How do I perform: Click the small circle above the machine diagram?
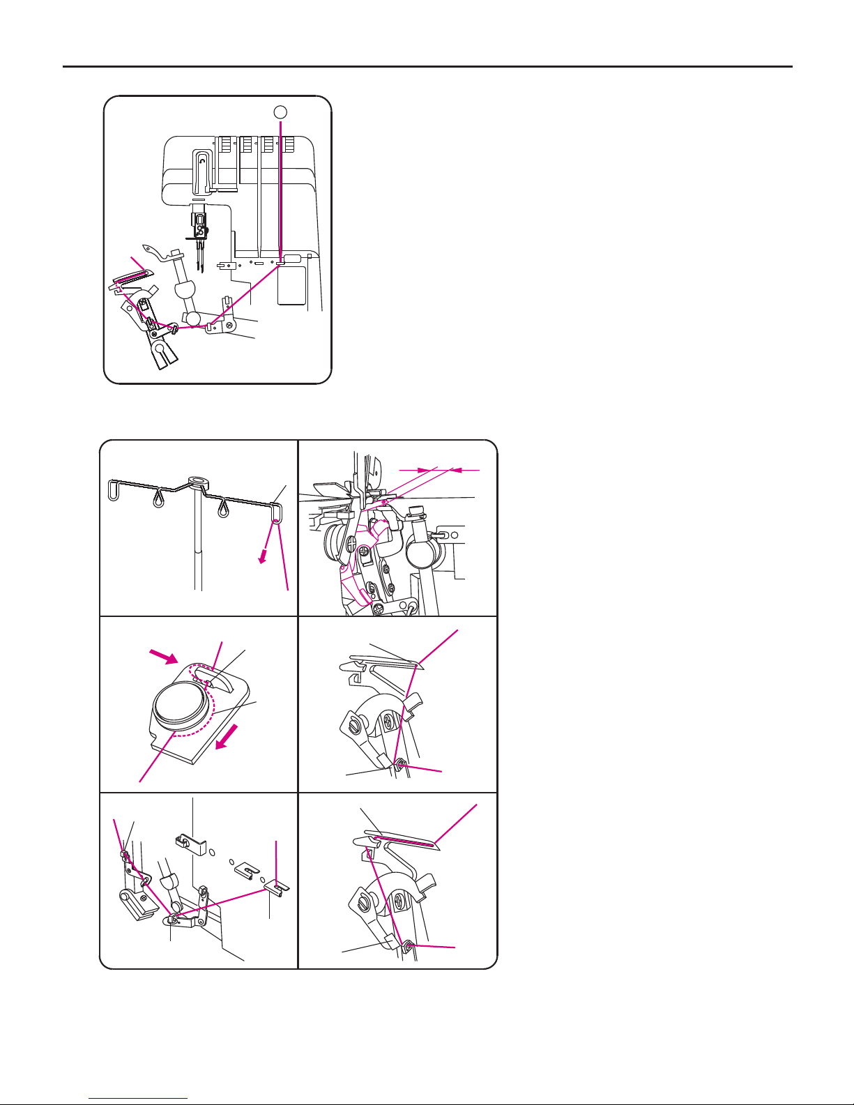click(280, 112)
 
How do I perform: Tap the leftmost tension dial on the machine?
click(225, 145)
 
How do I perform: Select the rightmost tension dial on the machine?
click(288, 145)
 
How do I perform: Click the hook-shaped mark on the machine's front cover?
click(202, 160)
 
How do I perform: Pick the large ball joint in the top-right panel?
click(420, 551)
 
